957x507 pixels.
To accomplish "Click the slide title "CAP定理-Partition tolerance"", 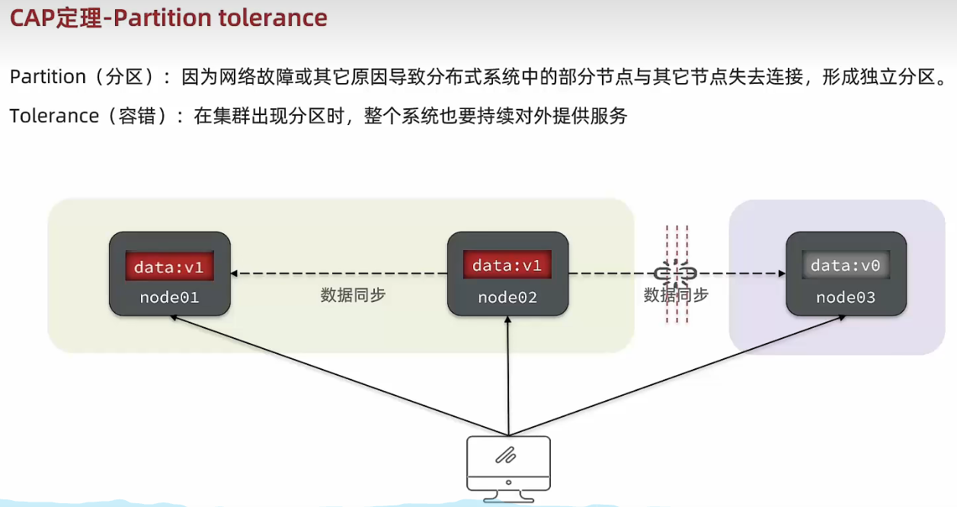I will pyautogui.click(x=168, y=18).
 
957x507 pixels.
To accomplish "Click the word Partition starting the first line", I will pyautogui.click(x=47, y=77).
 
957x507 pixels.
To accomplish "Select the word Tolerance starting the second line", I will pyautogui.click(x=54, y=116).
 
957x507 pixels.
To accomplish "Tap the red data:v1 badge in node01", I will pyautogui.click(x=169, y=268).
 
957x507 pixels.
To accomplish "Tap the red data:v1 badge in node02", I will pyautogui.click(x=507, y=265).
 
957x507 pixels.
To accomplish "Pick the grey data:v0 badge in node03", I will pyautogui.click(x=846, y=265).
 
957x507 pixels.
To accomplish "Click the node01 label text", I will pyautogui.click(x=169, y=297).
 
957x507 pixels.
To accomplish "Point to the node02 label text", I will pyautogui.click(x=507, y=297).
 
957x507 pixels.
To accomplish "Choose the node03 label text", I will pyautogui.click(x=846, y=297).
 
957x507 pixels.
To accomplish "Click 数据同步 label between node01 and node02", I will pyautogui.click(x=353, y=295).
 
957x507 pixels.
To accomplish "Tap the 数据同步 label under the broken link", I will pyautogui.click(x=676, y=295).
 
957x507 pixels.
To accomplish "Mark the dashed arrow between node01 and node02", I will pyautogui.click(x=339, y=273).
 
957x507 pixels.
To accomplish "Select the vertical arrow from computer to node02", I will pyautogui.click(x=507, y=374).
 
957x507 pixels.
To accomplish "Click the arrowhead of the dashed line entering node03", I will pyautogui.click(x=780, y=273).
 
